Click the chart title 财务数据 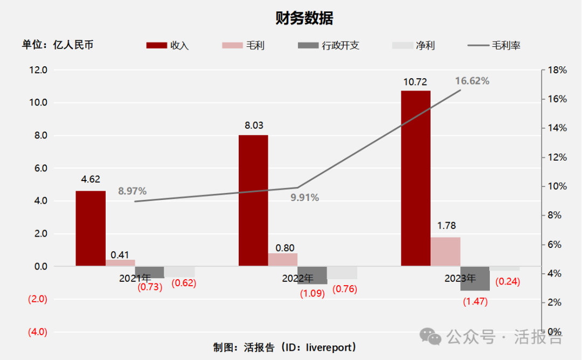[304, 18]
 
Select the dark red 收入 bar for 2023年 [415, 178]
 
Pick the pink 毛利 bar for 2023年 [445, 251]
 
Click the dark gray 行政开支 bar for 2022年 [312, 275]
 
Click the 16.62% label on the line [472, 81]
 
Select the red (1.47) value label [475, 302]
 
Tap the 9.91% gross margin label [304, 198]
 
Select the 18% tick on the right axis [557, 70]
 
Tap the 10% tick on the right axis [557, 186]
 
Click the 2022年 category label [297, 279]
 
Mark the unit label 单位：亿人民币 [58, 45]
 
